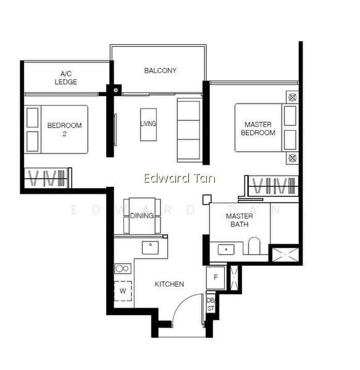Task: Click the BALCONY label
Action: point(160,70)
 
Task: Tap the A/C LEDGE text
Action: point(65,78)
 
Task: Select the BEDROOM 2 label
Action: point(64,129)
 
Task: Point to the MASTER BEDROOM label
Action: point(258,128)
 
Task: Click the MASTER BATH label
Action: point(240,220)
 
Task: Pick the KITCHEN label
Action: point(169,284)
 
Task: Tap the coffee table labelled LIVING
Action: point(148,125)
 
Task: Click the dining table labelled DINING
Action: point(142,216)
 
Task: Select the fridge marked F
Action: point(216,277)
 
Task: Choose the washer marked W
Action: point(123,291)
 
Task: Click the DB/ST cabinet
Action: point(211,304)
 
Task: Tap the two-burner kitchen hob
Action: point(123,268)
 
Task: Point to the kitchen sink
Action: point(150,247)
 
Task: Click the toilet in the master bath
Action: point(254,246)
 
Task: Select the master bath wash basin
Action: point(226,249)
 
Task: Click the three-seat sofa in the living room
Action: point(190,130)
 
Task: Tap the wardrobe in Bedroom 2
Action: point(48,178)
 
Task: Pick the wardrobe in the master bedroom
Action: point(272,186)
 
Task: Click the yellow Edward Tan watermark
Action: point(179,178)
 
